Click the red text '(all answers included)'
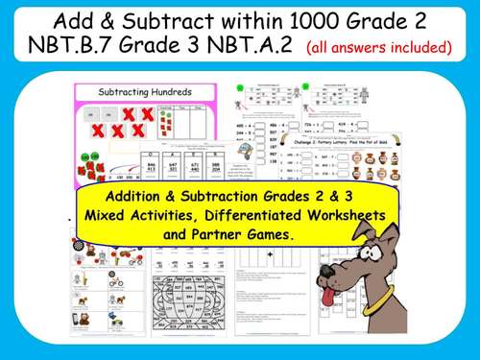(379, 47)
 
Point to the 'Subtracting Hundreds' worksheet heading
(147, 92)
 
